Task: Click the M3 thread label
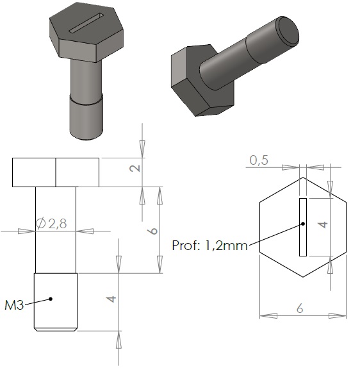point(13,305)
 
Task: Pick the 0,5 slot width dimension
point(259,161)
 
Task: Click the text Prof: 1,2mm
point(209,246)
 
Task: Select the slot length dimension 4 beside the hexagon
point(323,225)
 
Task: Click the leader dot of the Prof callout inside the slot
point(303,224)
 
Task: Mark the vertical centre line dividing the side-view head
point(56,172)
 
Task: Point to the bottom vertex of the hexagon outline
point(303,278)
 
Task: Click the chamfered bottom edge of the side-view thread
point(56,329)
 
